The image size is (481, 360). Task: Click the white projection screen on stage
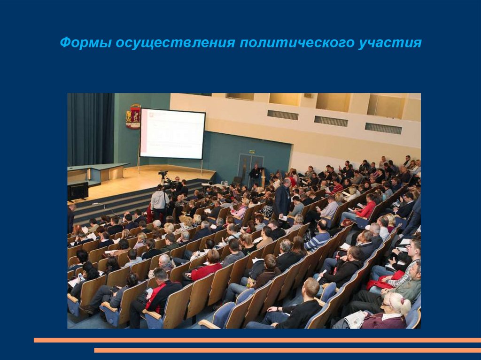click(172, 133)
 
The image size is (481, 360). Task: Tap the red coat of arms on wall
click(133, 117)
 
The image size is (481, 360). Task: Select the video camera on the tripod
click(163, 175)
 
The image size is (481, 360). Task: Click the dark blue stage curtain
click(90, 129)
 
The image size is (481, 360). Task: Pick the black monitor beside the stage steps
click(78, 191)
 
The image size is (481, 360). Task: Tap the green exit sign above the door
click(252, 152)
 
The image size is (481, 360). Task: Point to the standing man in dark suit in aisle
click(283, 199)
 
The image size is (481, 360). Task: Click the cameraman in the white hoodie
click(159, 202)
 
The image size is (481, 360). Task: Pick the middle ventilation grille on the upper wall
click(331, 121)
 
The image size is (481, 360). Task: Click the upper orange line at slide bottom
click(257, 340)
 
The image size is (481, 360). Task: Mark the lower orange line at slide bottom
click(287, 350)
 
